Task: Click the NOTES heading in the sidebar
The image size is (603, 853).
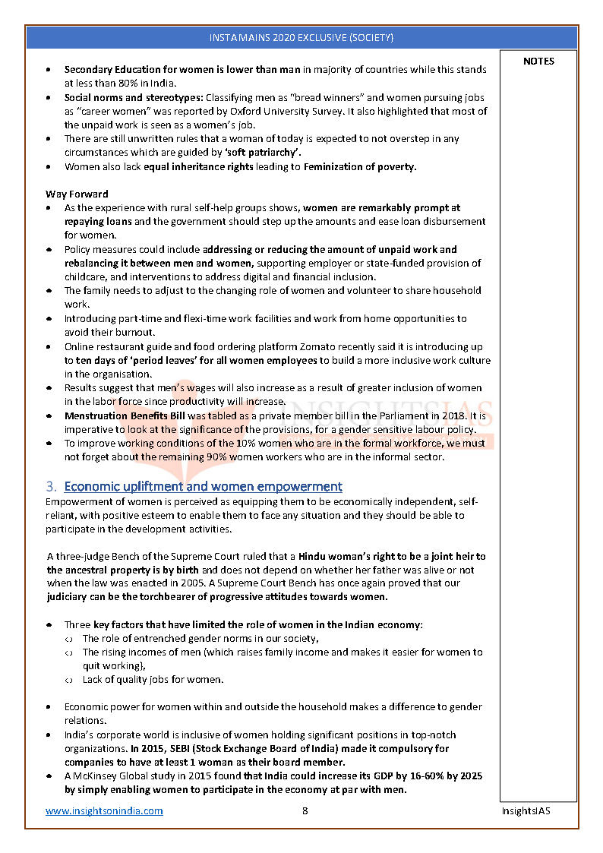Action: point(538,62)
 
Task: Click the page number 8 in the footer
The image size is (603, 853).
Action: point(305,810)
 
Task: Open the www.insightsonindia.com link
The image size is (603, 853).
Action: point(104,810)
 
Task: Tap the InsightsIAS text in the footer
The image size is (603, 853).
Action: point(526,810)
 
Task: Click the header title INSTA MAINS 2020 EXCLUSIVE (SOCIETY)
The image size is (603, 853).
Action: point(301,37)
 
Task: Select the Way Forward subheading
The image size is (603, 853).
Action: point(77,194)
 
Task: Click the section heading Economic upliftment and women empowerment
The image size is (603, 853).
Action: point(203,486)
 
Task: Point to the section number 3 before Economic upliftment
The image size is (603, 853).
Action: point(50,486)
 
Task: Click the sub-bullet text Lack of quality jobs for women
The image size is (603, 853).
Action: point(153,679)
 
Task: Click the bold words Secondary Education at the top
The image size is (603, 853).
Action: point(106,70)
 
